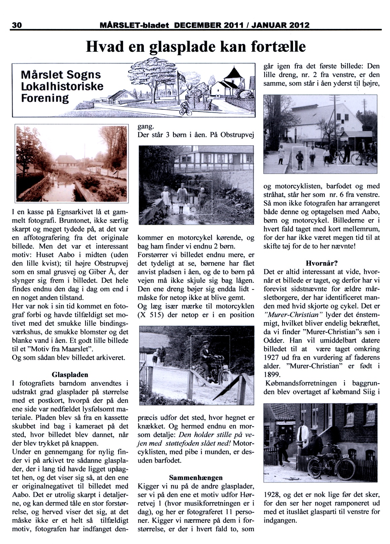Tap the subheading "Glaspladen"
tap(70, 374)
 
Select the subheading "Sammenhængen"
tap(196, 477)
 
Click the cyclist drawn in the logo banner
tap(185, 108)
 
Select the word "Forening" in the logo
tap(45, 99)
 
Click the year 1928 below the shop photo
tap(272, 495)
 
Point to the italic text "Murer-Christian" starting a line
tap(293, 314)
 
